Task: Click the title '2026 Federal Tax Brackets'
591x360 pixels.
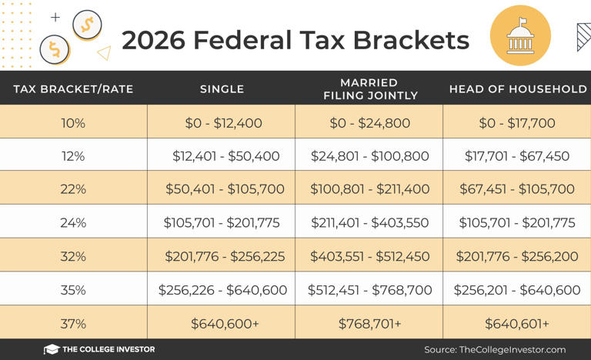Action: click(x=295, y=40)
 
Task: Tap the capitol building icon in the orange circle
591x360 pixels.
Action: click(x=520, y=35)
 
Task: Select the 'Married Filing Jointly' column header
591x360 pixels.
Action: click(x=369, y=88)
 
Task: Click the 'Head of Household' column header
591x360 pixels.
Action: click(x=517, y=88)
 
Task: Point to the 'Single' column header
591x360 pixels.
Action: click(x=222, y=88)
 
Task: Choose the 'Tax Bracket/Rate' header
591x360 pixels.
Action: click(x=73, y=88)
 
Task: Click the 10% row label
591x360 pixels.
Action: click(x=73, y=122)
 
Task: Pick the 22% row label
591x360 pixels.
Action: click(x=73, y=189)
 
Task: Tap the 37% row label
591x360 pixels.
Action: click(x=73, y=324)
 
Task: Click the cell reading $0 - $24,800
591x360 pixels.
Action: click(x=369, y=122)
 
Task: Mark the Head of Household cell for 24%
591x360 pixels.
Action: click(x=517, y=223)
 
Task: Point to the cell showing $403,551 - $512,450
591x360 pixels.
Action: click(x=369, y=257)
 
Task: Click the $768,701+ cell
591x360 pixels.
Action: click(x=369, y=324)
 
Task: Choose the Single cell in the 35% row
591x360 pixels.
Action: click(x=222, y=290)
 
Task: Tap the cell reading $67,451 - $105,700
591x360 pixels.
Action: click(x=517, y=189)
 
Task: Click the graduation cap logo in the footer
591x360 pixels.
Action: click(x=52, y=349)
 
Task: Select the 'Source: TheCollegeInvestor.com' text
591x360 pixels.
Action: click(x=495, y=349)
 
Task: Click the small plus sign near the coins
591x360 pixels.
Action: click(x=55, y=17)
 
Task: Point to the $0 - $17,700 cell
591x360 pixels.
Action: click(x=517, y=122)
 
